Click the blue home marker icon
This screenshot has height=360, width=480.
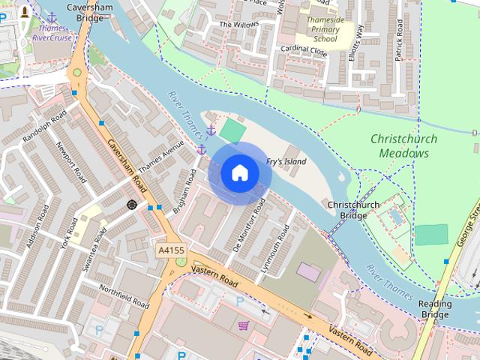pyautogui.click(x=240, y=173)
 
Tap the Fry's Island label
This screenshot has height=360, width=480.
pyautogui.click(x=286, y=162)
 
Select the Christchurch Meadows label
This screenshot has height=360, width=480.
pyautogui.click(x=400, y=146)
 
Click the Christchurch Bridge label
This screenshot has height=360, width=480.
pyautogui.click(x=353, y=210)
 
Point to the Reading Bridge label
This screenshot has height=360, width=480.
pyautogui.click(x=435, y=309)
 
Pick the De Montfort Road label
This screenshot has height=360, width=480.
pyautogui.click(x=250, y=224)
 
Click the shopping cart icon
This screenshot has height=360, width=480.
pyautogui.click(x=243, y=325)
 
